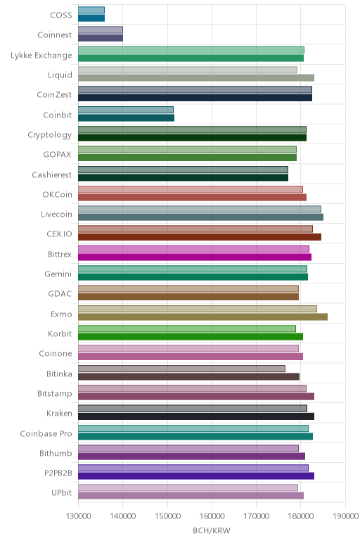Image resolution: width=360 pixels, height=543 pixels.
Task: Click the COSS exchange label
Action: click(x=61, y=15)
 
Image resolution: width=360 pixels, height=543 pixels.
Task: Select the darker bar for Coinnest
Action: click(x=101, y=38)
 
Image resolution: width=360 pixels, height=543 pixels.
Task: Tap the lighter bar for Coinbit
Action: click(x=126, y=110)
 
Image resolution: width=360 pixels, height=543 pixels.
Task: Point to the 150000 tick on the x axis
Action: click(x=167, y=516)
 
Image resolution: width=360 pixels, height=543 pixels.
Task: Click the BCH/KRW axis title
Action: click(x=212, y=530)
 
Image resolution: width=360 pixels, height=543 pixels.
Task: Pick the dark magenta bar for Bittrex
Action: click(x=195, y=257)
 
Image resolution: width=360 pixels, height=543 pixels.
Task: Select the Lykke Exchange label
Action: click(x=41, y=56)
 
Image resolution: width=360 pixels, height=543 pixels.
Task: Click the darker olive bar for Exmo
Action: click(x=202, y=317)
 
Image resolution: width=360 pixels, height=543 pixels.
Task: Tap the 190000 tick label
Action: click(x=345, y=516)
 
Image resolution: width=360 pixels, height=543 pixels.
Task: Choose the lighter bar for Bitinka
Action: click(x=181, y=369)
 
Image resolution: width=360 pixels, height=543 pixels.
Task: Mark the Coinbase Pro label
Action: click(x=46, y=433)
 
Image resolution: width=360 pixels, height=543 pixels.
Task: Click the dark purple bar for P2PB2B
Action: click(x=196, y=475)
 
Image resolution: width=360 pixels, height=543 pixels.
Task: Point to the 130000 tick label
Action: click(x=78, y=516)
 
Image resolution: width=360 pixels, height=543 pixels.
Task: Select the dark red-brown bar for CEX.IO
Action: click(x=200, y=237)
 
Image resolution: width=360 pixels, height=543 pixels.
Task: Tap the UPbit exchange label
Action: click(x=61, y=492)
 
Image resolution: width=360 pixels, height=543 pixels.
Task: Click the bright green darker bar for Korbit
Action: click(x=191, y=337)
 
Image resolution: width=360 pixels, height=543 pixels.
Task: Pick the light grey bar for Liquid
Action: click(x=188, y=70)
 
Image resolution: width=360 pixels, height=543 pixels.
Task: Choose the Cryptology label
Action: click(x=50, y=135)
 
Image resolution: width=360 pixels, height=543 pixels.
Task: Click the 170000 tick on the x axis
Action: click(x=256, y=516)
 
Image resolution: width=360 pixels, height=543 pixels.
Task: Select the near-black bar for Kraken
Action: click(x=196, y=416)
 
